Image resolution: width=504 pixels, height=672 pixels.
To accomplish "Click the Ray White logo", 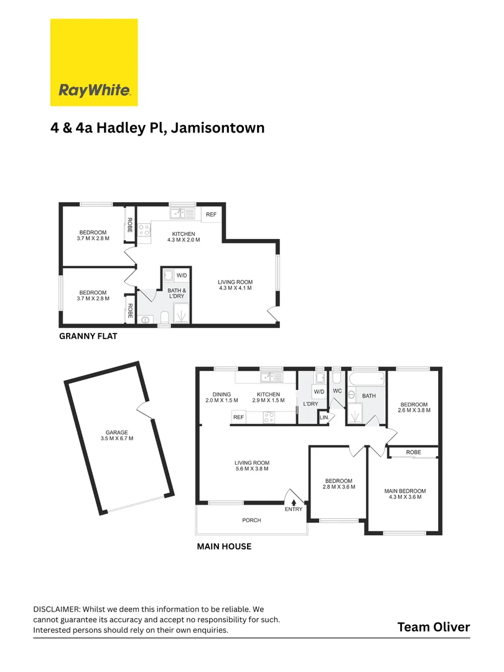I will point(94,62).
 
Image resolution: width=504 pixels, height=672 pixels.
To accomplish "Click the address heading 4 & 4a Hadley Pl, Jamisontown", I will point(157,128).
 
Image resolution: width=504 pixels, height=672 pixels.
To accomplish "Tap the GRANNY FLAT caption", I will point(88,336).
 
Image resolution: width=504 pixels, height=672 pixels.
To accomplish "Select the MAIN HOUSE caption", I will point(224,547).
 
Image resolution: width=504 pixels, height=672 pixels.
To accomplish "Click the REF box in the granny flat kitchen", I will point(211,215).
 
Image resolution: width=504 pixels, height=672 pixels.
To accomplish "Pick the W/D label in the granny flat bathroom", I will point(182,276).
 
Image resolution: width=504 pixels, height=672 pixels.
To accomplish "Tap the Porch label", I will point(251,520).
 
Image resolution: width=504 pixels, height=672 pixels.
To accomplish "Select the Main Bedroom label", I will point(405,493).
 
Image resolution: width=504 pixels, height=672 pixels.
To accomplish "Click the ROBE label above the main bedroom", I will point(413,452).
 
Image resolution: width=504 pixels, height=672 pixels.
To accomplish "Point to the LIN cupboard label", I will point(323,418).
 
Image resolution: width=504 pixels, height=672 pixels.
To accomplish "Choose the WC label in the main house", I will point(338,391).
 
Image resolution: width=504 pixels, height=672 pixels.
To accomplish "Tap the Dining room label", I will point(222,397).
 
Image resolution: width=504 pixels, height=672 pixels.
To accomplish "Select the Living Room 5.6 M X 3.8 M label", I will point(251,465).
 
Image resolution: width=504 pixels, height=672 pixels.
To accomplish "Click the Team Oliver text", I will point(434,627).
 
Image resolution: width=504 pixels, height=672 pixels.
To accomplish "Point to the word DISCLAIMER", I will point(56,609).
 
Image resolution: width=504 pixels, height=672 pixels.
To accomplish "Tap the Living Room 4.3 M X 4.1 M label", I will point(236,285).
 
